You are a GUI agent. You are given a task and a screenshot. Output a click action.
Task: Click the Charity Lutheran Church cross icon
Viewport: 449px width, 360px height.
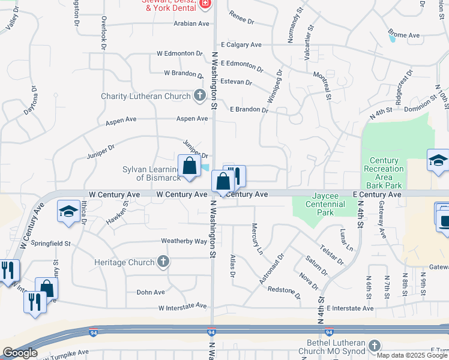coord(200,96)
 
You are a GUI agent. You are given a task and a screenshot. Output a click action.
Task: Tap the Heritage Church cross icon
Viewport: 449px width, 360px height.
coord(163,262)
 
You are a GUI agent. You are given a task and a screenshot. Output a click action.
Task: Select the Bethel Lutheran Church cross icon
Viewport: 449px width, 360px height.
coord(375,346)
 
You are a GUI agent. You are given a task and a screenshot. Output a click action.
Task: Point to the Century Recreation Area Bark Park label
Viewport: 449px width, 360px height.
coord(384,169)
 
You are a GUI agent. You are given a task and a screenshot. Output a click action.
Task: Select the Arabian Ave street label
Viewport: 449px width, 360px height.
coord(191,23)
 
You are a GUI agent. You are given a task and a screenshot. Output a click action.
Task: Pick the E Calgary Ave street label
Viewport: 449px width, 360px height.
coord(241,45)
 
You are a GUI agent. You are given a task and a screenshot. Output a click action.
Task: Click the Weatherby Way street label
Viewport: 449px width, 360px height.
coord(184,241)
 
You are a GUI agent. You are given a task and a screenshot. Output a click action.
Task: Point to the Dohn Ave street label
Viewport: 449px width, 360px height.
coord(151,292)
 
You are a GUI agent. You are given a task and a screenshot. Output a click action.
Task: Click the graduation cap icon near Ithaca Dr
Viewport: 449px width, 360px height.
coord(68,212)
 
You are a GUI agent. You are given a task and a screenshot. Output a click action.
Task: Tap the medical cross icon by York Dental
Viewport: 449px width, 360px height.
coord(205,4)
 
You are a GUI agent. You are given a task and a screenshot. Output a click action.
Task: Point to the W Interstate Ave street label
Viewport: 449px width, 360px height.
coord(182,307)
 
